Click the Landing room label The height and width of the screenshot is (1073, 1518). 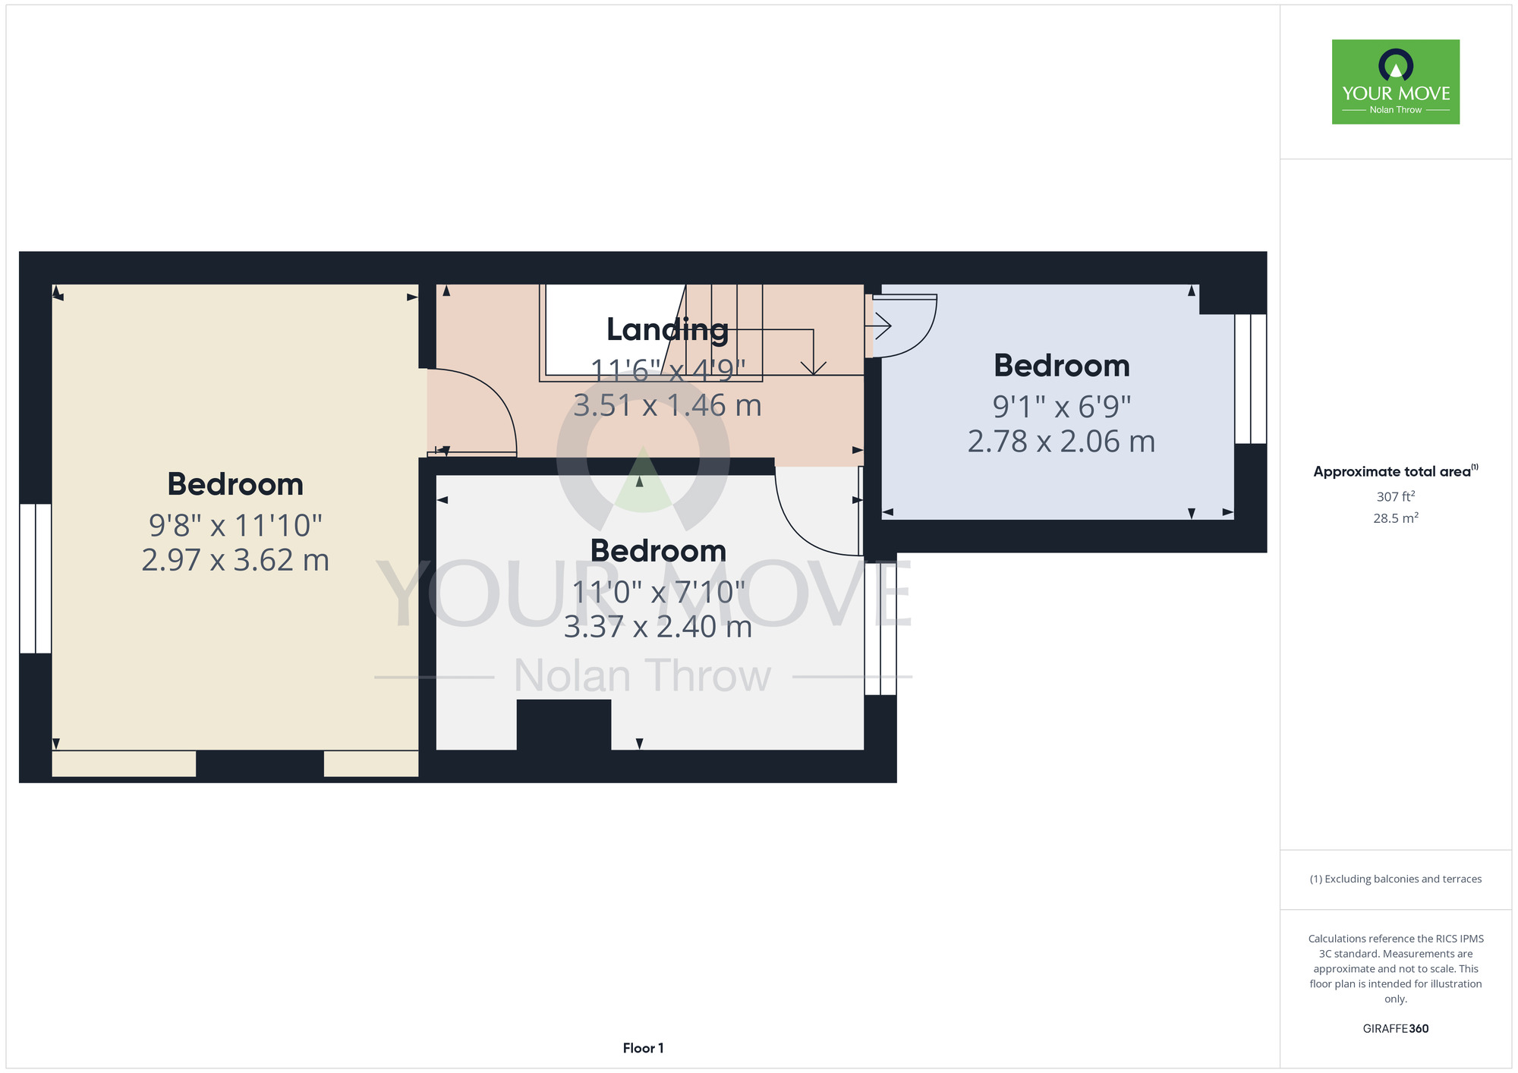667,330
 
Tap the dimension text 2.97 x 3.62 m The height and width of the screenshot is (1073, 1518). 235,560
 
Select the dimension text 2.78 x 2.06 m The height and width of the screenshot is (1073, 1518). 1061,441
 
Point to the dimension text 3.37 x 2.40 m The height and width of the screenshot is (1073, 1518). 658,627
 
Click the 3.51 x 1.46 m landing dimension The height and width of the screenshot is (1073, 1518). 667,405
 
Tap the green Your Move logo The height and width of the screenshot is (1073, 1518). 1396,82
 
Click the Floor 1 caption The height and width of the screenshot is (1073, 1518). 643,1048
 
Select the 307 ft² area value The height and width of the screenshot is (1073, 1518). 1396,496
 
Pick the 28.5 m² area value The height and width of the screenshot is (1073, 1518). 1396,518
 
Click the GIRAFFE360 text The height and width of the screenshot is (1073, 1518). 1396,1029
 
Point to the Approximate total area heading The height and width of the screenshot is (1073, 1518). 1396,471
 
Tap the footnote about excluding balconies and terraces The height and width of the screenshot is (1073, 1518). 1396,879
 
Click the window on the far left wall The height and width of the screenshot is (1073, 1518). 36,578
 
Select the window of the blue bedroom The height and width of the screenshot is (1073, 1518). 1251,379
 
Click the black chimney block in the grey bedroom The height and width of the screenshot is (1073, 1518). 564,725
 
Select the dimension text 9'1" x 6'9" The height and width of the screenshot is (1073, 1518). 1061,407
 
